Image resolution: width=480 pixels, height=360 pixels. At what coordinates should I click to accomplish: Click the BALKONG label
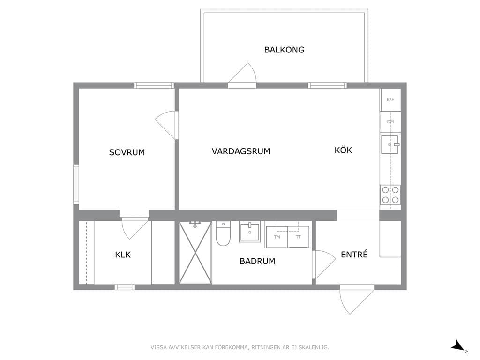pyautogui.click(x=284, y=50)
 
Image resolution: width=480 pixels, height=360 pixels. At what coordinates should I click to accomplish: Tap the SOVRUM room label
pyautogui.click(x=127, y=152)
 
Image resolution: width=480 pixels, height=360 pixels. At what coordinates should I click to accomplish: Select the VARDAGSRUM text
pyautogui.click(x=241, y=151)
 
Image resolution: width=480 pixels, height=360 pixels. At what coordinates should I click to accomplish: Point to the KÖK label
pyautogui.click(x=343, y=150)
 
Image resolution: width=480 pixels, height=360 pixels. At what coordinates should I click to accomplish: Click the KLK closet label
pyautogui.click(x=123, y=255)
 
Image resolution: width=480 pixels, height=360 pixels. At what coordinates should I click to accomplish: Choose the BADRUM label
pyautogui.click(x=257, y=261)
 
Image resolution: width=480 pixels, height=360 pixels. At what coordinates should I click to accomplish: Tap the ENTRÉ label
pyautogui.click(x=354, y=254)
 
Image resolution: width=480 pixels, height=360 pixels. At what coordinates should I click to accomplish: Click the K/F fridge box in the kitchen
pyautogui.click(x=390, y=100)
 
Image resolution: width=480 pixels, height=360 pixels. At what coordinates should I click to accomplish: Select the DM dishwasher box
pyautogui.click(x=390, y=122)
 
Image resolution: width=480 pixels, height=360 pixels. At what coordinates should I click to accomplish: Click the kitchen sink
pyautogui.click(x=390, y=144)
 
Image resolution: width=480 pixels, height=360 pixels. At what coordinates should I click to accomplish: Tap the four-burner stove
pyautogui.click(x=390, y=195)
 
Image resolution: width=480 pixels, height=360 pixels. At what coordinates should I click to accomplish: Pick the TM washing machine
pyautogui.click(x=277, y=237)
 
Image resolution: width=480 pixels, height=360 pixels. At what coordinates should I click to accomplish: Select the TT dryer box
pyautogui.click(x=299, y=237)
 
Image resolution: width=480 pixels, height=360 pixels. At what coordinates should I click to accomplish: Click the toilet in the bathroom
pyautogui.click(x=223, y=234)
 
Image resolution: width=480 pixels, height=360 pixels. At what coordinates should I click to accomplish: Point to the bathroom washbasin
pyautogui.click(x=250, y=232)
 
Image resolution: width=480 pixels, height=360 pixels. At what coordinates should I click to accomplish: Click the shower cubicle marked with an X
pyautogui.click(x=195, y=253)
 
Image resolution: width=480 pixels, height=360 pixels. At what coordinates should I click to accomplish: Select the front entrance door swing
pyautogui.click(x=356, y=300)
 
